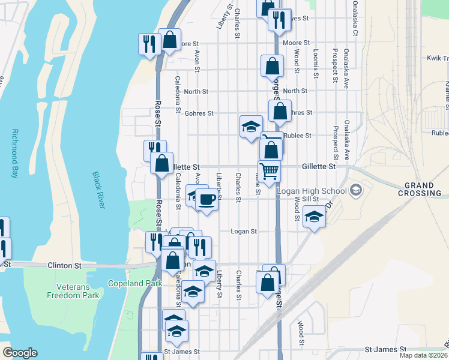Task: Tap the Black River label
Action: (x=99, y=190)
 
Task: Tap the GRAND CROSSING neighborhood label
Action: (x=423, y=189)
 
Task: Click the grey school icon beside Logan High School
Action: (x=356, y=190)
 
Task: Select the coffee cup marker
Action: (x=206, y=199)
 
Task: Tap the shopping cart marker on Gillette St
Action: (x=269, y=171)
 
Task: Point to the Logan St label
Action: (x=244, y=231)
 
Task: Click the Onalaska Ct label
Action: (x=355, y=10)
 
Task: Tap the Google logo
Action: (x=20, y=353)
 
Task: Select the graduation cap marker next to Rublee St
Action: (x=251, y=126)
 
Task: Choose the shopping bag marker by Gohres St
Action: (x=280, y=111)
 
